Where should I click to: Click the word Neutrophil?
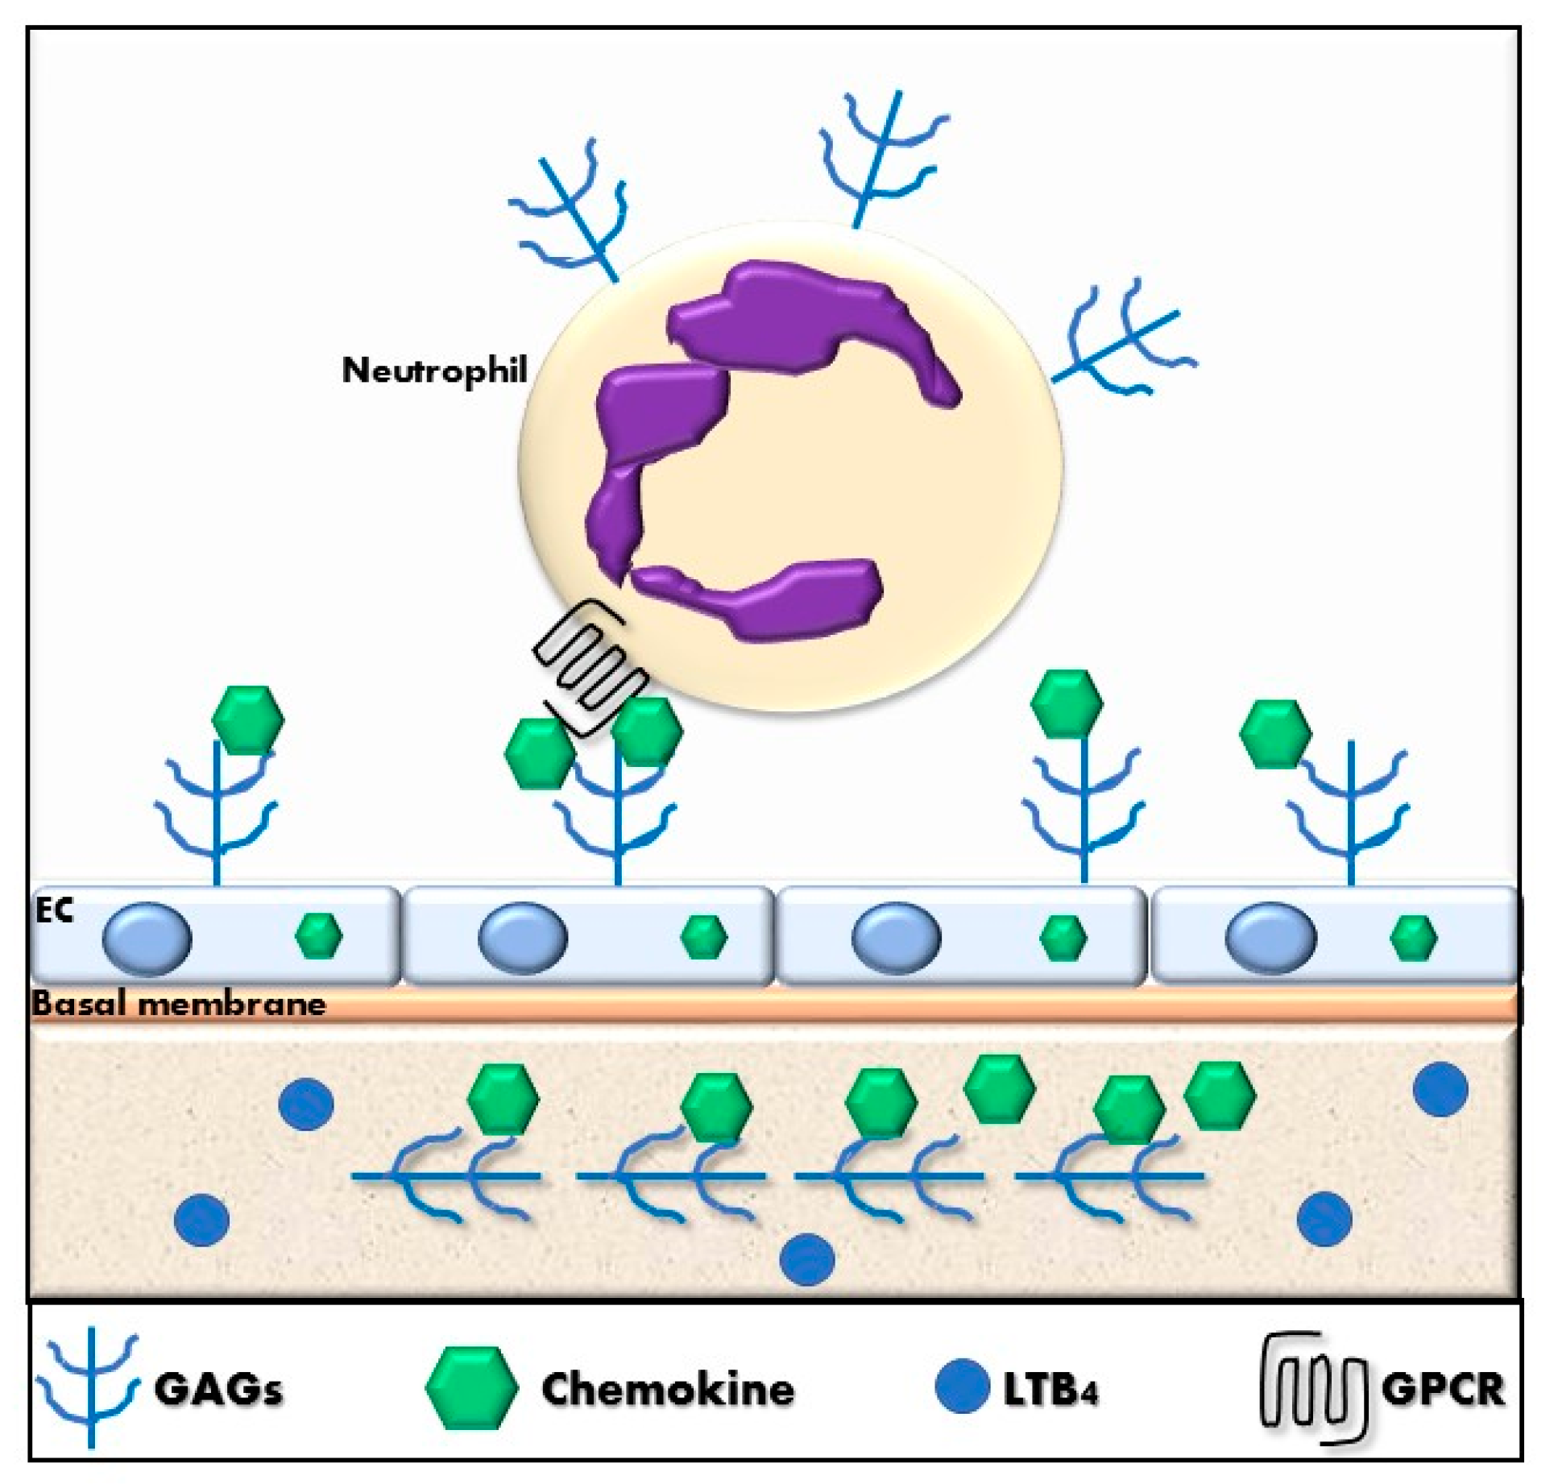click(435, 370)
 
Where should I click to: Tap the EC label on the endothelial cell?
click(54, 910)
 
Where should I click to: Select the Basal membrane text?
click(179, 1005)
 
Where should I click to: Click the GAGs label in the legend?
click(218, 1389)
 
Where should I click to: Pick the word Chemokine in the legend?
click(668, 1389)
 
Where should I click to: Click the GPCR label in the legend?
click(1442, 1389)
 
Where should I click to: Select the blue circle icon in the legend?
click(962, 1386)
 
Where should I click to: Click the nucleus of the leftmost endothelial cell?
click(147, 939)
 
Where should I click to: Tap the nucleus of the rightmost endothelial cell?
click(1270, 939)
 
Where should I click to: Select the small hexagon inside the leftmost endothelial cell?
click(319, 936)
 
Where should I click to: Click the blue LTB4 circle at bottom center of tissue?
click(807, 1260)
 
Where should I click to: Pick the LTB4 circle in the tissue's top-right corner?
click(1441, 1089)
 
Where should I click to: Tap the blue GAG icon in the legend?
click(90, 1387)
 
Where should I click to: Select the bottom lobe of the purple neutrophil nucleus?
click(757, 600)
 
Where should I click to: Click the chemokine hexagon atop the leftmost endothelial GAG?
click(248, 719)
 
